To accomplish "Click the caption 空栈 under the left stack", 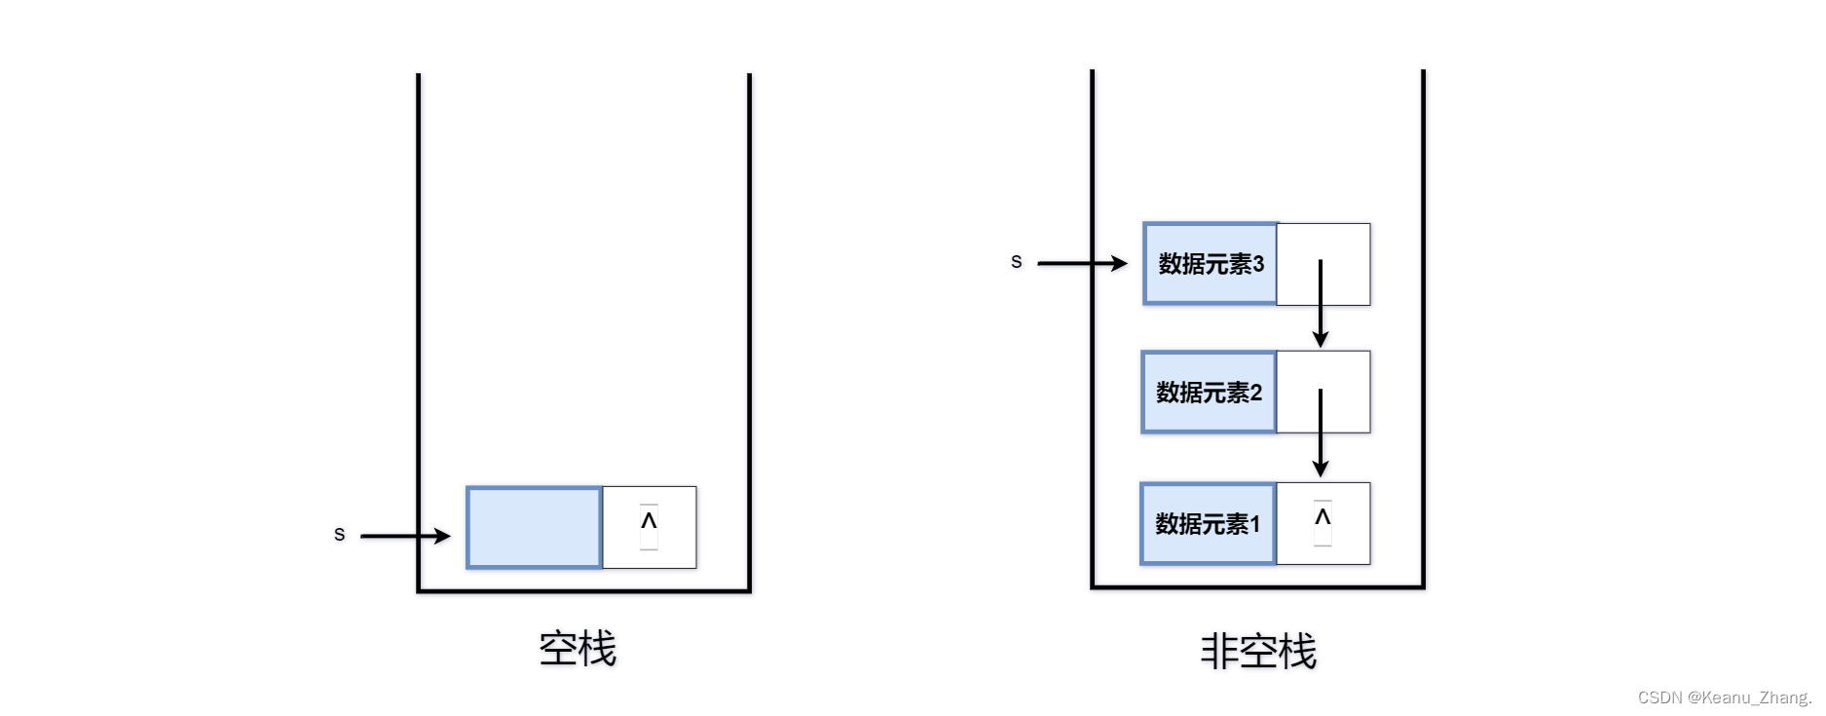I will tap(578, 649).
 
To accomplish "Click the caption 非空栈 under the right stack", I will tap(1258, 651).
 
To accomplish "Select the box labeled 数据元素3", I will tap(1210, 264).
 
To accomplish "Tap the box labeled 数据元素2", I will tap(1209, 393).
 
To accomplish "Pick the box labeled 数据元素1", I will tap(1208, 524).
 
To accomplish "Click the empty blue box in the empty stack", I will tap(534, 527).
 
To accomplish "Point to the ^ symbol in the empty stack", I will tap(649, 521).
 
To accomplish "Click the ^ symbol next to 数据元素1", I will tap(1323, 517).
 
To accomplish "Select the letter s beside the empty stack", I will tap(339, 534).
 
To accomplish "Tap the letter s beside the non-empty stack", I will tap(1016, 261).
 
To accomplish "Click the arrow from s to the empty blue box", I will tap(404, 535).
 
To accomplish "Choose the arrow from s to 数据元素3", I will tap(1081, 263).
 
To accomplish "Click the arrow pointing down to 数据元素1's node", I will tap(1321, 433).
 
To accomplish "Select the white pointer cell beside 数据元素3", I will tap(1345, 244).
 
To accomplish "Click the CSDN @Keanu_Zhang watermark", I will tap(1724, 697).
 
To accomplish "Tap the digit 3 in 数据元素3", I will tap(1258, 264).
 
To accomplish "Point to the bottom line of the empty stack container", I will tap(584, 590).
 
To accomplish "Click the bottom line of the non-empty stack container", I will tap(1258, 586).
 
